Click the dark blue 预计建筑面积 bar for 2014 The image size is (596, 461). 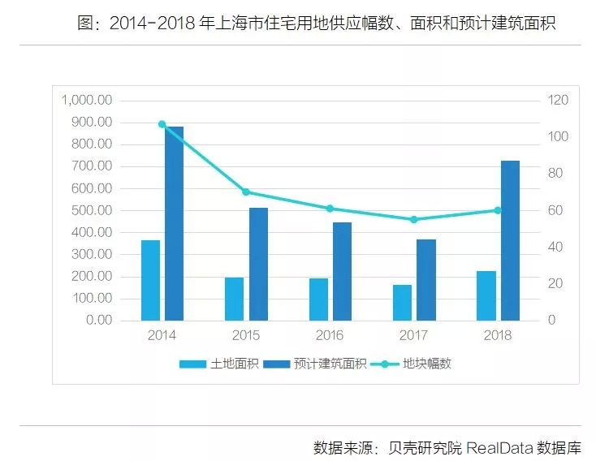click(x=174, y=223)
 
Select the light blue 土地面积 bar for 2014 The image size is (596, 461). click(x=151, y=280)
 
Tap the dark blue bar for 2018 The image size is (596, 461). click(x=510, y=240)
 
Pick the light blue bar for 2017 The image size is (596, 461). click(x=403, y=302)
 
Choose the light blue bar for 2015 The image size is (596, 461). click(x=235, y=299)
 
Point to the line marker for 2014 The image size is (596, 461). click(x=162, y=124)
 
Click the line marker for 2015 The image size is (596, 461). click(x=246, y=192)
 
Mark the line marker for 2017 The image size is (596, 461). click(x=414, y=219)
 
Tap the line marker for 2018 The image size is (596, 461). click(x=498, y=210)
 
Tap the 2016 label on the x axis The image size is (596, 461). click(x=330, y=335)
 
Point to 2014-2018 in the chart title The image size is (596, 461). click(x=155, y=23)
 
